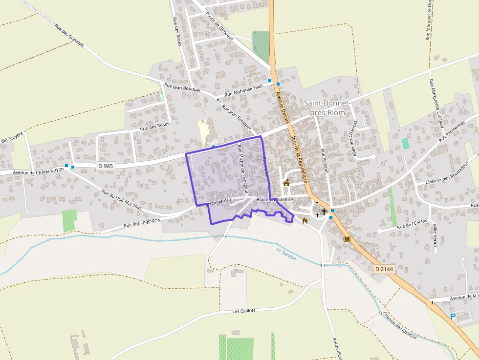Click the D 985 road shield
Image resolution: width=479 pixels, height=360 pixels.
tap(106, 166)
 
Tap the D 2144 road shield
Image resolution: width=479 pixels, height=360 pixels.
tap(385, 269)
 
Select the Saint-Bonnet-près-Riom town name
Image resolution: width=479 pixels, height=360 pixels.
tap(327, 108)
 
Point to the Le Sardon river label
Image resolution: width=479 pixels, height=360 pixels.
tap(286, 254)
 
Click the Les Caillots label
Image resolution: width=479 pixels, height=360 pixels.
tap(244, 311)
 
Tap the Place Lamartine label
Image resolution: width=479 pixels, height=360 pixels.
tap(275, 199)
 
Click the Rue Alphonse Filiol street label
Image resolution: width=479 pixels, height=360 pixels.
tap(243, 90)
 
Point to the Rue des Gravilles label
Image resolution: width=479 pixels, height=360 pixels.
tap(69, 35)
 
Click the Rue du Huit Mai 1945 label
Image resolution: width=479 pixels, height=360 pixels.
tap(122, 200)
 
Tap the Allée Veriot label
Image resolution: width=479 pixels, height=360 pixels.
tap(435, 235)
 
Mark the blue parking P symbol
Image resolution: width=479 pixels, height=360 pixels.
tap(453, 317)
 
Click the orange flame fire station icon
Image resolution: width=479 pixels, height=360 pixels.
tap(305, 221)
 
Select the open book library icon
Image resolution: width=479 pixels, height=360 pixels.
tap(347, 239)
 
